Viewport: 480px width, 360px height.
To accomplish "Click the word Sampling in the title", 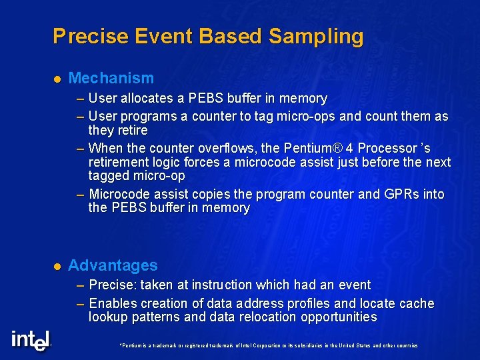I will (316, 37).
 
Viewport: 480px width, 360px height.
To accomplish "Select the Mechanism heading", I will (111, 79).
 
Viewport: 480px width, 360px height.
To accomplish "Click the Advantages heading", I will (113, 265).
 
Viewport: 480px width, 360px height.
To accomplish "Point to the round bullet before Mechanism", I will (57, 79).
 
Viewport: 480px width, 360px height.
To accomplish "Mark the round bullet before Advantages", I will (57, 266).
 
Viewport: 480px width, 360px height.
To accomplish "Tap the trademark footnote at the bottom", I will (267, 345).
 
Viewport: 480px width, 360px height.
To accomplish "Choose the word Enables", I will (112, 304).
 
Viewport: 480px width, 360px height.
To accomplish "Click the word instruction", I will (213, 285).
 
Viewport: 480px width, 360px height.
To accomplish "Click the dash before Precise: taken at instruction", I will (80, 285).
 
